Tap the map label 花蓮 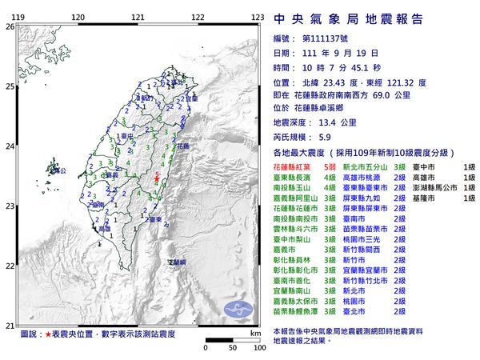(x=183, y=146)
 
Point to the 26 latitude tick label (x=10, y=26)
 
